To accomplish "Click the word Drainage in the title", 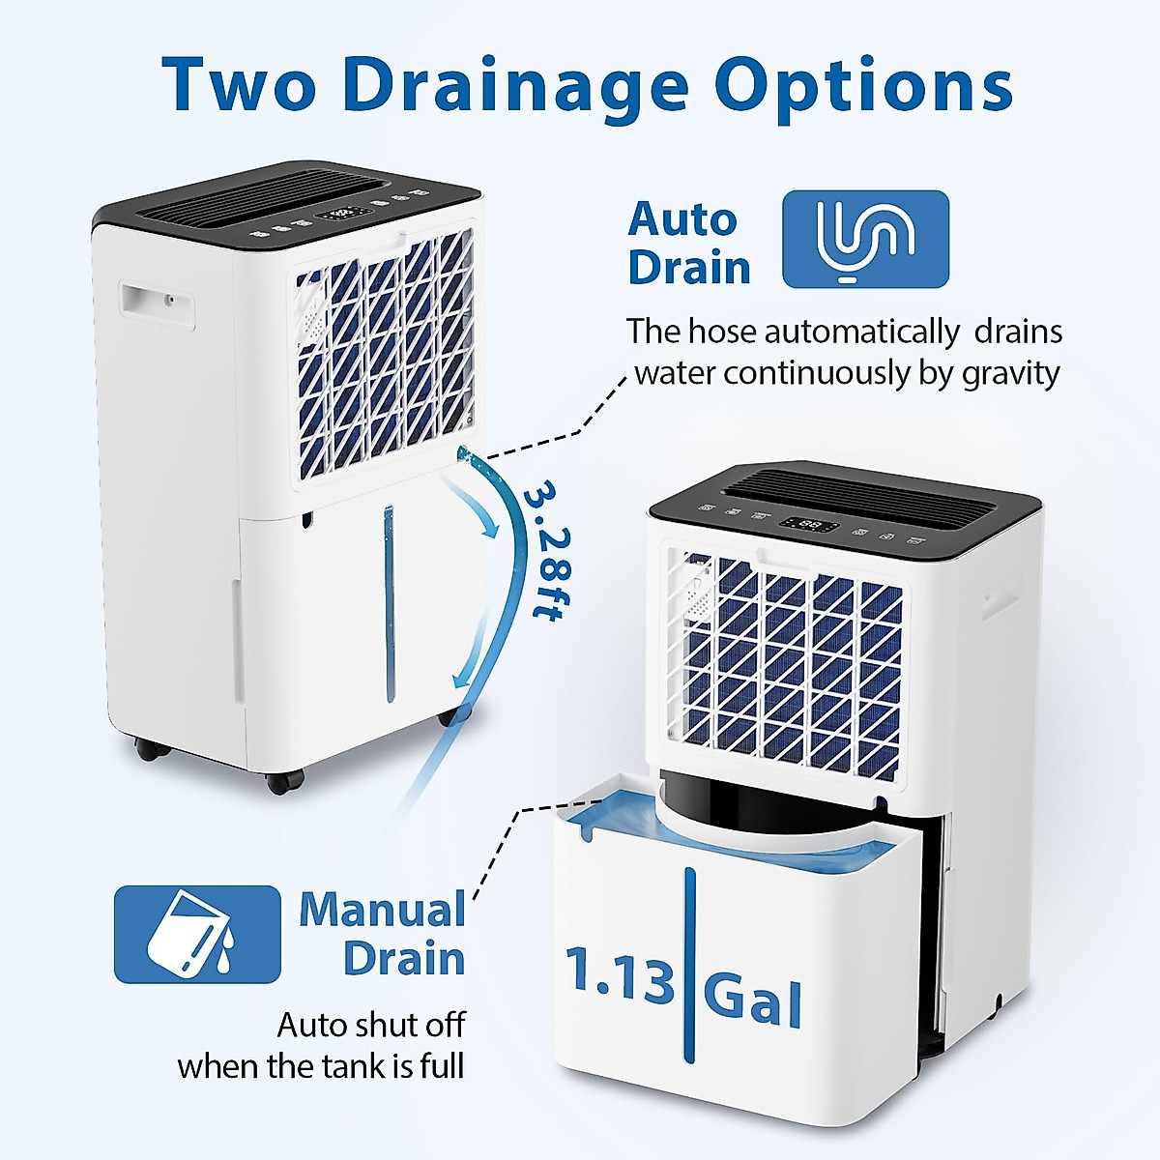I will coord(514,85).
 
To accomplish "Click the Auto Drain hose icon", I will coord(865,239).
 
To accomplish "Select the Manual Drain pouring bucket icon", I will coord(197,934).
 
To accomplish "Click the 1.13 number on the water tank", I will coord(619,975).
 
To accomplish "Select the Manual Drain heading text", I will coord(383,934).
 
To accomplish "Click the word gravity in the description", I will coord(1011,373).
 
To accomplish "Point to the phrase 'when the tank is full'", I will coord(321,1066).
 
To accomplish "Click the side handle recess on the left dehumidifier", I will coord(156,303).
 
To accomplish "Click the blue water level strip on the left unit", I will coord(390,604).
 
